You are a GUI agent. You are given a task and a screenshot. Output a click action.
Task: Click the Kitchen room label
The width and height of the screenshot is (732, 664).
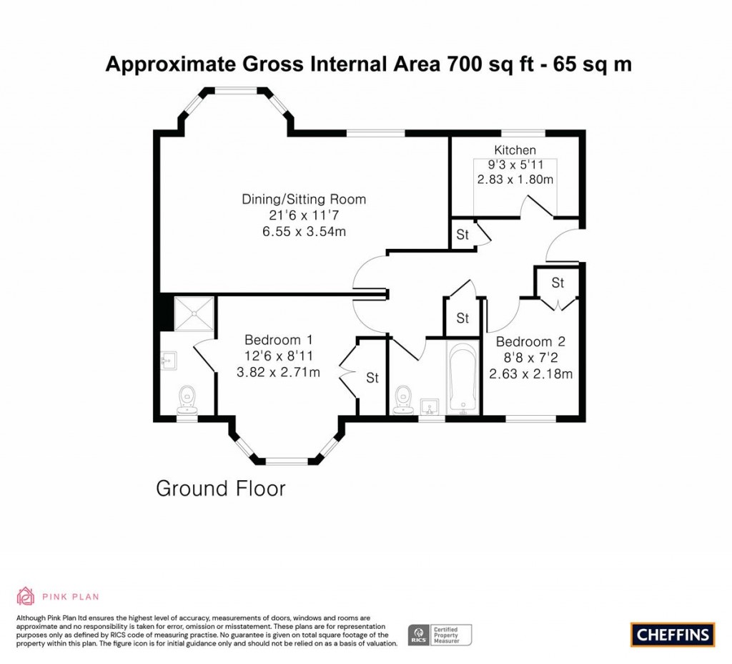pos(515,150)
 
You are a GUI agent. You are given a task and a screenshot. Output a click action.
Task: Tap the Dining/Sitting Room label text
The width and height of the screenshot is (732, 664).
pos(304,200)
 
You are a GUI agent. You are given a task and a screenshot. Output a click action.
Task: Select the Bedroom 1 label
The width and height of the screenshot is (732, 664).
pos(278,340)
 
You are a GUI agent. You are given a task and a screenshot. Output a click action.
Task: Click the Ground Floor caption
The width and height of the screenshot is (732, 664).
pos(220,489)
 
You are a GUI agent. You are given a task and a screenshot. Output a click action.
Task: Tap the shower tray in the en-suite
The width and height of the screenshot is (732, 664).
pos(193,313)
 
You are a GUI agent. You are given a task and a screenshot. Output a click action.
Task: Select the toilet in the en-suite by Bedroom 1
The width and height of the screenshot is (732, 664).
pos(187,399)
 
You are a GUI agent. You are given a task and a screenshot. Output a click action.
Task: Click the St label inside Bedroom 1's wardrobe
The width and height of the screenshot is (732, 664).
pos(372,378)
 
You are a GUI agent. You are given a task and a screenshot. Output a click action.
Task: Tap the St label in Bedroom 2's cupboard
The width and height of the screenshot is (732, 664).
pos(558,283)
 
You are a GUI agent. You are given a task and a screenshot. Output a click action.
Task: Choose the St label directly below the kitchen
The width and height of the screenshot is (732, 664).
pos(463,235)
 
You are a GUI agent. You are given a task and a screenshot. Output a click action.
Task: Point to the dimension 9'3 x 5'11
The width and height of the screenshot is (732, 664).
pos(515,165)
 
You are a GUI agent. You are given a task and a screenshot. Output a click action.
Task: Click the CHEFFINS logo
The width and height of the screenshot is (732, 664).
pos(672,634)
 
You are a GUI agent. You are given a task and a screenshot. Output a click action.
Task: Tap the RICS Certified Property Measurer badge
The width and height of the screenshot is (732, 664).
pos(439,634)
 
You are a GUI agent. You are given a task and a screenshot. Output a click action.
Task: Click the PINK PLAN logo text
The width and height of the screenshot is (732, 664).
pos(70,596)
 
